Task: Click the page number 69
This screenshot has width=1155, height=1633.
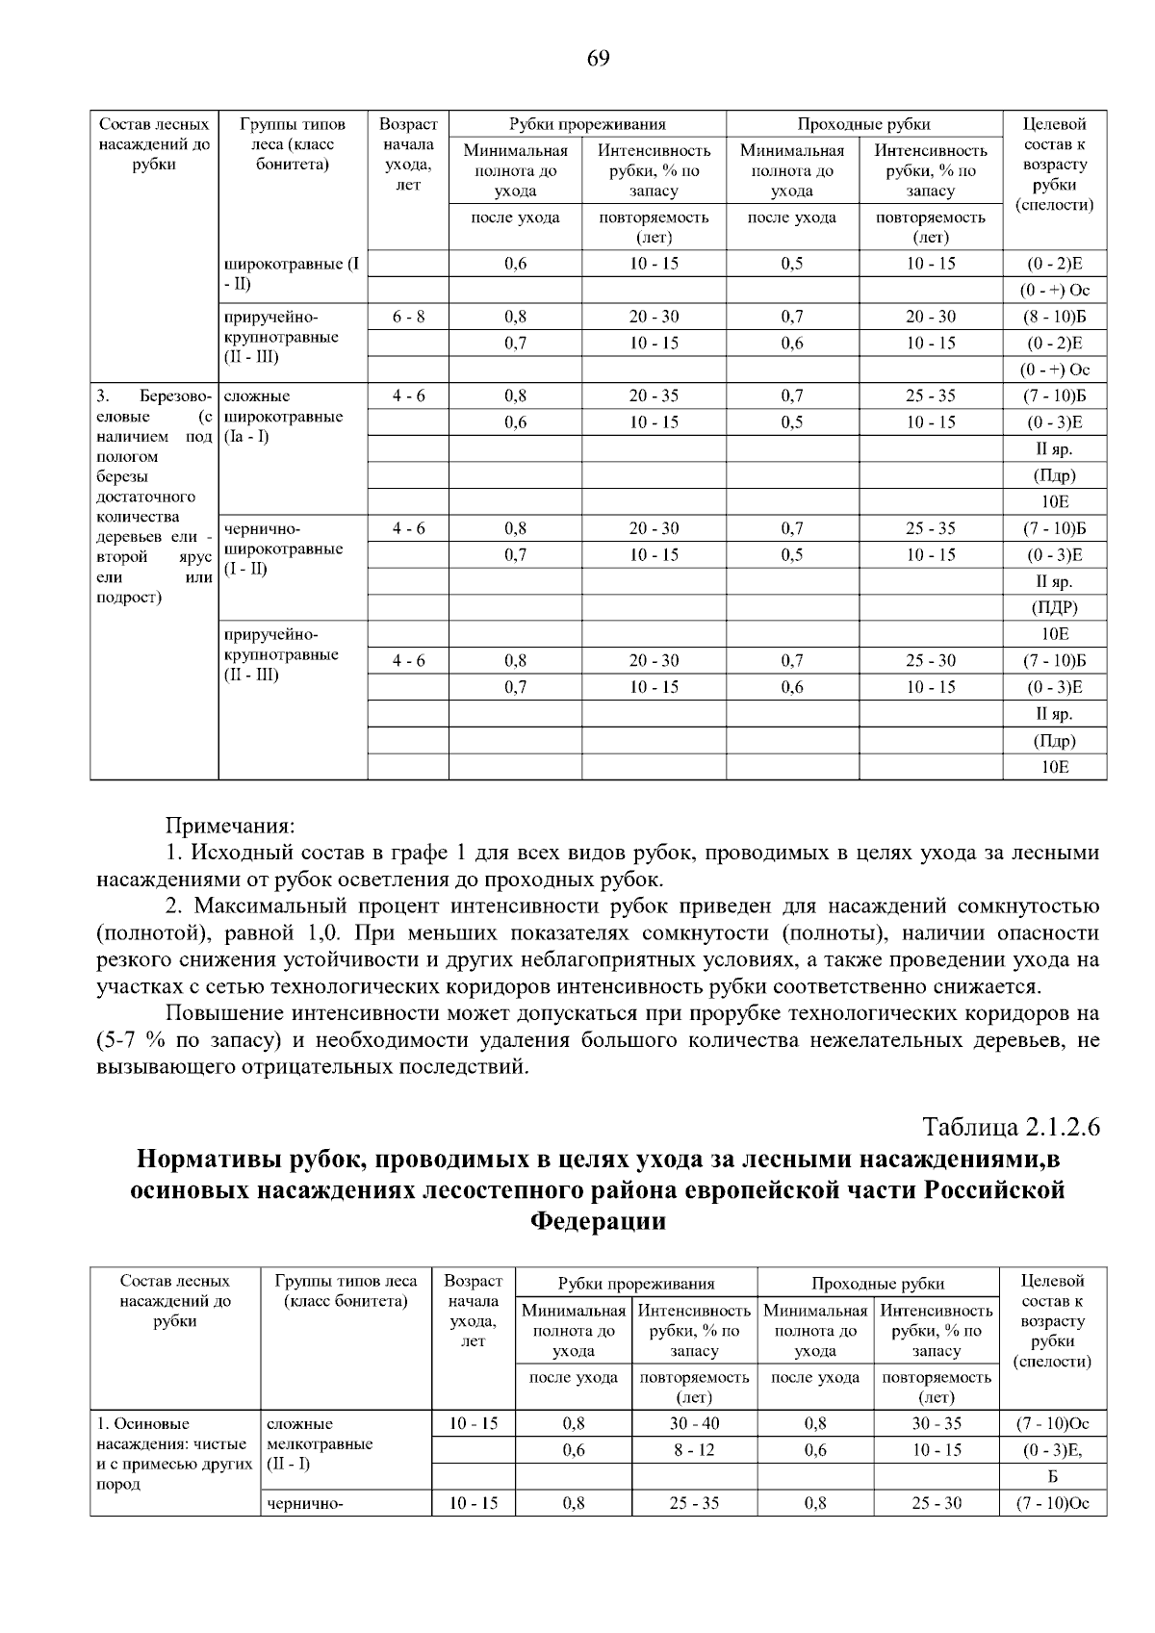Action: tap(597, 59)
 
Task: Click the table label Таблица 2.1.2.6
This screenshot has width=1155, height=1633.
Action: tap(1011, 1127)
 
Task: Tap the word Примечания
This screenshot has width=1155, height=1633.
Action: tap(230, 827)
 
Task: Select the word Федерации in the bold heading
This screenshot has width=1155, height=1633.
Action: tap(598, 1221)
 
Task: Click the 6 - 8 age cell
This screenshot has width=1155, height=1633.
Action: tap(408, 317)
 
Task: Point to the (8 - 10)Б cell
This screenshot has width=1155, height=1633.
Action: tap(1055, 317)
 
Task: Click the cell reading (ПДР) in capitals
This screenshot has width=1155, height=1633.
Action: tap(1055, 607)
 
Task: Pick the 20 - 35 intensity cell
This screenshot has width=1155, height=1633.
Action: tap(654, 395)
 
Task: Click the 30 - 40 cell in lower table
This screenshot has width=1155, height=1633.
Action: tap(694, 1423)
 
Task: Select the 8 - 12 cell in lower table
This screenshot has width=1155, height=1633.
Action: tap(694, 1450)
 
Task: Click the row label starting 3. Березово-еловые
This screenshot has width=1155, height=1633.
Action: tap(154, 496)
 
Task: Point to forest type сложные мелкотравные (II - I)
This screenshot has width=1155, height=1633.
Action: tap(318, 1443)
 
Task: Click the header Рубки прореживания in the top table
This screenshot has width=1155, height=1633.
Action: tap(587, 124)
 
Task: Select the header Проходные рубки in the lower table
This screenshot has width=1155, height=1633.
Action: tap(878, 1284)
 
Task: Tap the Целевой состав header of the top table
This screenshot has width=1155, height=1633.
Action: tap(1055, 164)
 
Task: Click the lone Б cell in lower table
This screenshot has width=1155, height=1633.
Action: tap(1053, 1476)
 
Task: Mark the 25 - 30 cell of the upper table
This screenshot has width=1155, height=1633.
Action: tap(931, 660)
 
